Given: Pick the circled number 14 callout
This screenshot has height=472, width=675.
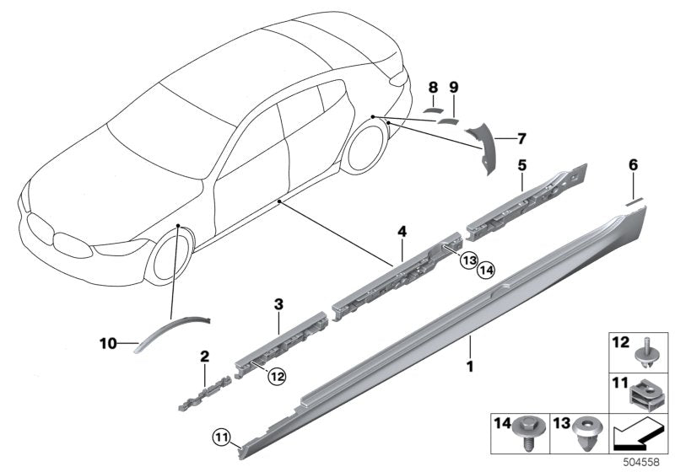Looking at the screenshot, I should tap(484, 270).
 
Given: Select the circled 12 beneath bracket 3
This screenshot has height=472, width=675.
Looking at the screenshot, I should tap(275, 378).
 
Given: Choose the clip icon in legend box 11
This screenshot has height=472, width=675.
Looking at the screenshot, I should tap(644, 392).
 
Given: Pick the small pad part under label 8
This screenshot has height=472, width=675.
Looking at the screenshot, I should tap(433, 109).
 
